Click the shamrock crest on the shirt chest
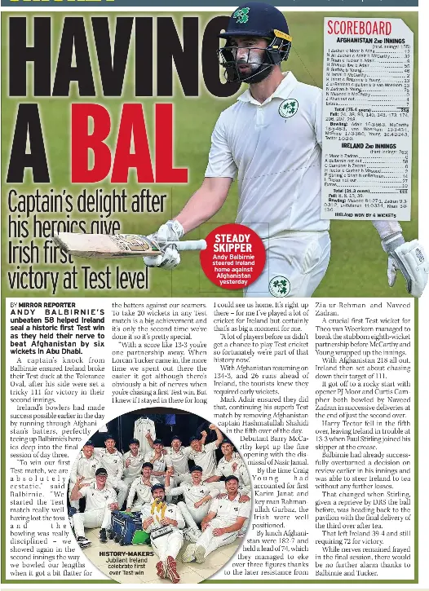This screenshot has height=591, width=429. coord(288,108)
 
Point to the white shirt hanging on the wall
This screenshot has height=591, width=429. coord(144,428)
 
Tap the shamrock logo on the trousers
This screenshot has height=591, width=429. coord(279,286)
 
